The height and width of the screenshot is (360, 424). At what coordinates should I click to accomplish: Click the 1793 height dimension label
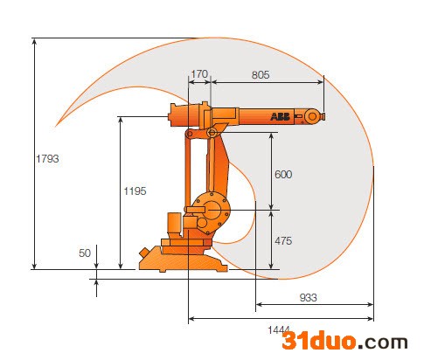coord(47,159)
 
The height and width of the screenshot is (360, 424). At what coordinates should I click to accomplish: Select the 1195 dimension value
coord(135,191)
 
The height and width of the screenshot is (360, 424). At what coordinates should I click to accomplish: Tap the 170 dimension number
coord(199,74)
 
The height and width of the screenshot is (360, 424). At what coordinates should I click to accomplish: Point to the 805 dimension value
coord(261,75)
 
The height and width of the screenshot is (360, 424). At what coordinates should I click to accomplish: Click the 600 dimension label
coord(283,175)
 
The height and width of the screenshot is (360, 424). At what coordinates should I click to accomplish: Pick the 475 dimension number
coord(283,241)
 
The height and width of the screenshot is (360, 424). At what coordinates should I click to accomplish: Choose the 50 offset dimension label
coord(85,253)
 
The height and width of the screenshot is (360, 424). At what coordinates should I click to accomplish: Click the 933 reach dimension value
coord(308,298)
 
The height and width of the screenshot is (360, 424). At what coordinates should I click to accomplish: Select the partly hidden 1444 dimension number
coord(279,330)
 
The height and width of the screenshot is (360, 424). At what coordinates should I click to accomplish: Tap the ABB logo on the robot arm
coord(280,116)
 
